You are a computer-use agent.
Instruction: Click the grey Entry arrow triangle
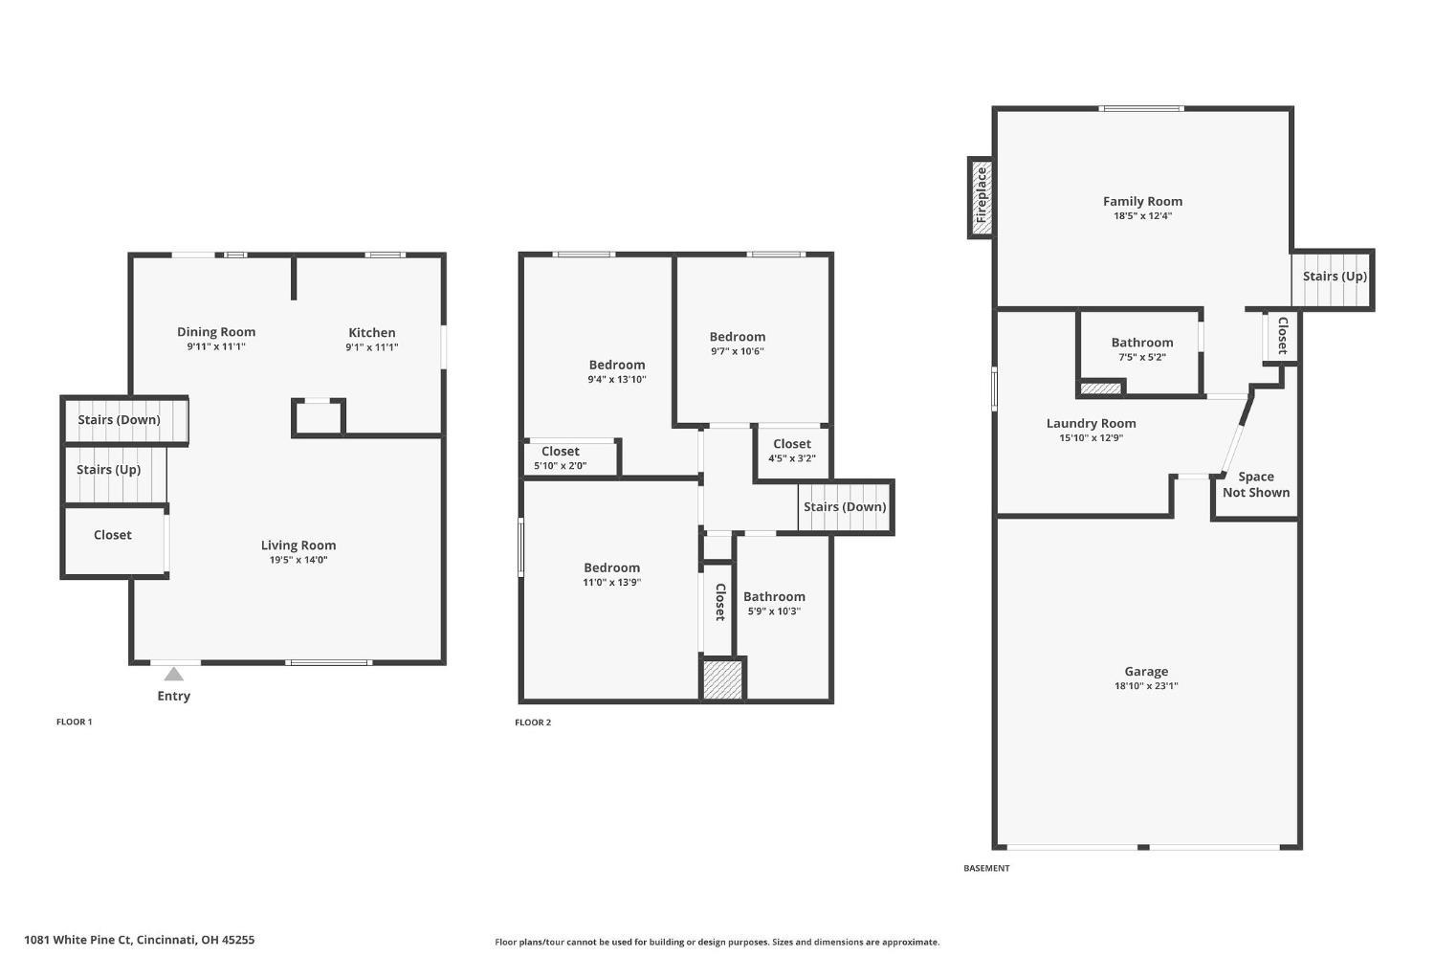point(173,675)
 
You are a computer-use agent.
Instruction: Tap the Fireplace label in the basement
point(981,195)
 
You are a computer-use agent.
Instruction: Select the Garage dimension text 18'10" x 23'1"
point(1145,686)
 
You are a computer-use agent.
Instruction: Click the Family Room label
point(1142,201)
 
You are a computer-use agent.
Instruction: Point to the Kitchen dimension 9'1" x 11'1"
point(371,347)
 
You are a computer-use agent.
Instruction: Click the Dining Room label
point(216,332)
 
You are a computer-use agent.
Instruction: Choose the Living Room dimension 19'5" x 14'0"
point(298,560)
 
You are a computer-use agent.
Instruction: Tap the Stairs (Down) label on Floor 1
point(119,419)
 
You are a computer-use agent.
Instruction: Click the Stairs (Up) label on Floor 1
point(108,470)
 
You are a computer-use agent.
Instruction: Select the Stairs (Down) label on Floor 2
point(844,507)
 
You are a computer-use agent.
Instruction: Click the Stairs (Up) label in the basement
point(1335,277)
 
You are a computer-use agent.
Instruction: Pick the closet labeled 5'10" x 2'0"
point(561,458)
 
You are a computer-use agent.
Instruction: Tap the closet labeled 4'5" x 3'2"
point(791,451)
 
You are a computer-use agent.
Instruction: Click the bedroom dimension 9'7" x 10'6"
point(737,351)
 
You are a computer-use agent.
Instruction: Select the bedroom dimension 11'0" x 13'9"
point(611,582)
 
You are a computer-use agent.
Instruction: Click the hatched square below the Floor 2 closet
point(722,679)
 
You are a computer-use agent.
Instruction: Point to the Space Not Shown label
point(1255,484)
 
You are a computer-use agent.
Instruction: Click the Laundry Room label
point(1091,423)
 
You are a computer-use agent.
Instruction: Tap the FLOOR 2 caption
point(533,723)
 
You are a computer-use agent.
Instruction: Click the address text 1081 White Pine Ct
point(139,940)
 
